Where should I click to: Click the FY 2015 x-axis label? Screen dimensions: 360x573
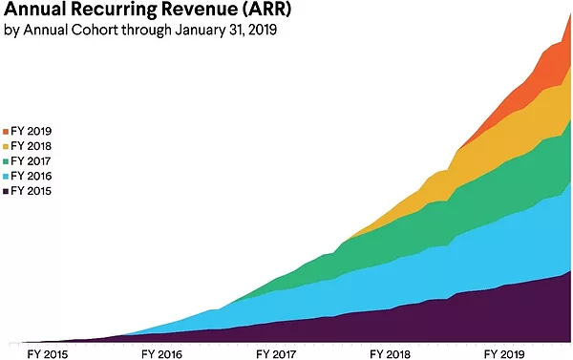pyautogui.click(x=47, y=352)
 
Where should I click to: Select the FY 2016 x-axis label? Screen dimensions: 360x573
pyautogui.click(x=161, y=352)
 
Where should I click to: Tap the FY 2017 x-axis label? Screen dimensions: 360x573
pyautogui.click(x=276, y=352)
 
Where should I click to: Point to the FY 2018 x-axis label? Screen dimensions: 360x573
pyautogui.click(x=390, y=352)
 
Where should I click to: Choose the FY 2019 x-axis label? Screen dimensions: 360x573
pyautogui.click(x=504, y=352)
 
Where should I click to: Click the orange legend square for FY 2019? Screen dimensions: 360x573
pyautogui.click(x=7, y=131)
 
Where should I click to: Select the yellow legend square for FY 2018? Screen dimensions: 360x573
pyautogui.click(x=7, y=146)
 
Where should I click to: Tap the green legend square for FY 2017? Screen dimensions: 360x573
pyautogui.click(x=7, y=161)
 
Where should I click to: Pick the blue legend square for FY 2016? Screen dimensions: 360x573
pyautogui.click(x=7, y=177)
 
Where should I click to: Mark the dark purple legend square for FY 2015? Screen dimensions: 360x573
pyautogui.click(x=7, y=192)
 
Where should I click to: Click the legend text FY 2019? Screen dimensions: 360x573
pyautogui.click(x=34, y=131)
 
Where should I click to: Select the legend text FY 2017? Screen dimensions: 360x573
pyautogui.click(x=34, y=161)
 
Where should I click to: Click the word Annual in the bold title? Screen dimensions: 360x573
pyautogui.click(x=34, y=11)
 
